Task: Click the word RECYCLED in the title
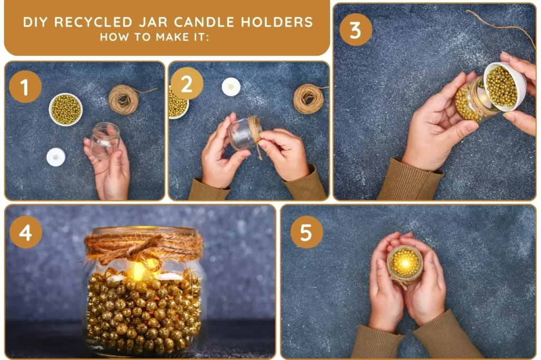point(94,22)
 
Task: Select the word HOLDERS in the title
point(277,22)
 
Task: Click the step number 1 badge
point(25,87)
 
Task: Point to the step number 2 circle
point(186,84)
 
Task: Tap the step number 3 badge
point(356,30)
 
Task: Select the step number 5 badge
point(307,232)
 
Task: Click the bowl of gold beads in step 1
point(66,109)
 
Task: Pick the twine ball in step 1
point(124,100)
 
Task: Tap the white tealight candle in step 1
point(56,157)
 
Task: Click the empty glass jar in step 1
point(105,140)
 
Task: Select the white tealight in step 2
point(231,87)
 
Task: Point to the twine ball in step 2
point(309,99)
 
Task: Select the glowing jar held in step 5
point(405,264)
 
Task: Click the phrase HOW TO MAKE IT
point(154,37)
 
